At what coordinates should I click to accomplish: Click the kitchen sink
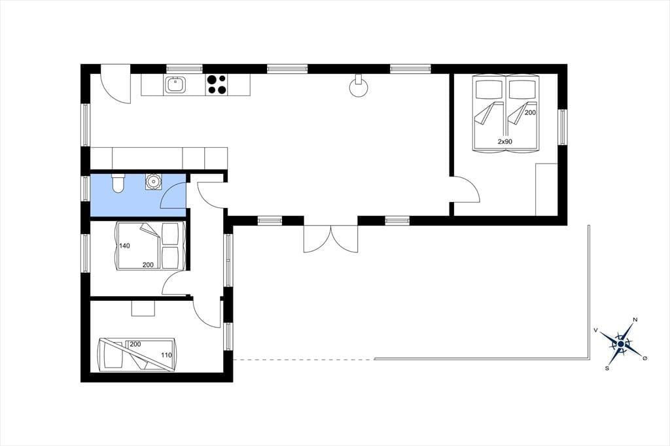click(x=175, y=84)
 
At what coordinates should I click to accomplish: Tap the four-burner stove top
click(x=217, y=84)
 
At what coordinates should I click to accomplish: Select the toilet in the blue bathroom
click(x=118, y=183)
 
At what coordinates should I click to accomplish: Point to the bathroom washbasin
click(x=153, y=181)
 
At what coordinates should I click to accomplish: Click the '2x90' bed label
click(x=504, y=142)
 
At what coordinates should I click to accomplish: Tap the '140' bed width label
click(x=125, y=246)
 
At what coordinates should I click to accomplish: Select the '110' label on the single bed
click(x=166, y=355)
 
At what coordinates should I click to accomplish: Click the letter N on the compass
click(x=635, y=320)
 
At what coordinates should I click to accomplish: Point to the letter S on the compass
click(x=607, y=368)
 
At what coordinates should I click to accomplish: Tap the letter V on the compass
click(x=595, y=330)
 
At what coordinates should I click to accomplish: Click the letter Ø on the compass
click(x=645, y=358)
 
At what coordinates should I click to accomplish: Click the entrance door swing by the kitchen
click(x=115, y=84)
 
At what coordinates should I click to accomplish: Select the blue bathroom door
click(x=173, y=195)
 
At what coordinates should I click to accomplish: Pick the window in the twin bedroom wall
click(x=562, y=127)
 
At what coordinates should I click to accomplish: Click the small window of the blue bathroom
click(x=86, y=188)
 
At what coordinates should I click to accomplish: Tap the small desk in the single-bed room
click(x=143, y=308)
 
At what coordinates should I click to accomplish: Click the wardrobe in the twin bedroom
click(x=546, y=189)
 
